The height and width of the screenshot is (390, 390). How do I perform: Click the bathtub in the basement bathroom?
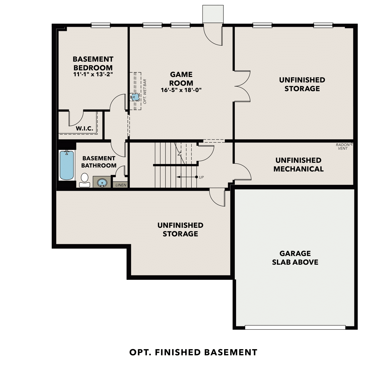point(67,165)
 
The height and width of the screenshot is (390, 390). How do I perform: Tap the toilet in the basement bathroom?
point(84,180)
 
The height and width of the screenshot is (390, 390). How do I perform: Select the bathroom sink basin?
point(102,183)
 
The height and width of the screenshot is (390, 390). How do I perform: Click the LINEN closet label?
point(121,185)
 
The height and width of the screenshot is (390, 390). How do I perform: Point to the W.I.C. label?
point(84,128)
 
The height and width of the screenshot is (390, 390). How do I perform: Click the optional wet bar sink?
point(134,97)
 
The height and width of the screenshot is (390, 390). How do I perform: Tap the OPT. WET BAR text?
point(145,92)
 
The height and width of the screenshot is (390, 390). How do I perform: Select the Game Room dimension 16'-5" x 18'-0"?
point(181,90)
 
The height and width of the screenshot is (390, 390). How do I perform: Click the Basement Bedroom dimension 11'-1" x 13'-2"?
point(93,74)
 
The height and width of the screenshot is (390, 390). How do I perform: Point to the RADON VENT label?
point(342,147)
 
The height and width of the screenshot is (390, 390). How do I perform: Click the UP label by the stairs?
point(201,177)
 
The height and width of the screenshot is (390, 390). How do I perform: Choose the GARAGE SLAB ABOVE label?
point(295,258)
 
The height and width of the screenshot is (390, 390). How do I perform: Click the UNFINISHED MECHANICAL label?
point(298,165)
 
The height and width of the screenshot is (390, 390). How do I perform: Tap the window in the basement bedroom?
point(101,25)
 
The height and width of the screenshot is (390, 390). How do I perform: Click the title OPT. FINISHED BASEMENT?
point(193,352)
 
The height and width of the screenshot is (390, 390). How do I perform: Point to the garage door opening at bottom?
point(295,327)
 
